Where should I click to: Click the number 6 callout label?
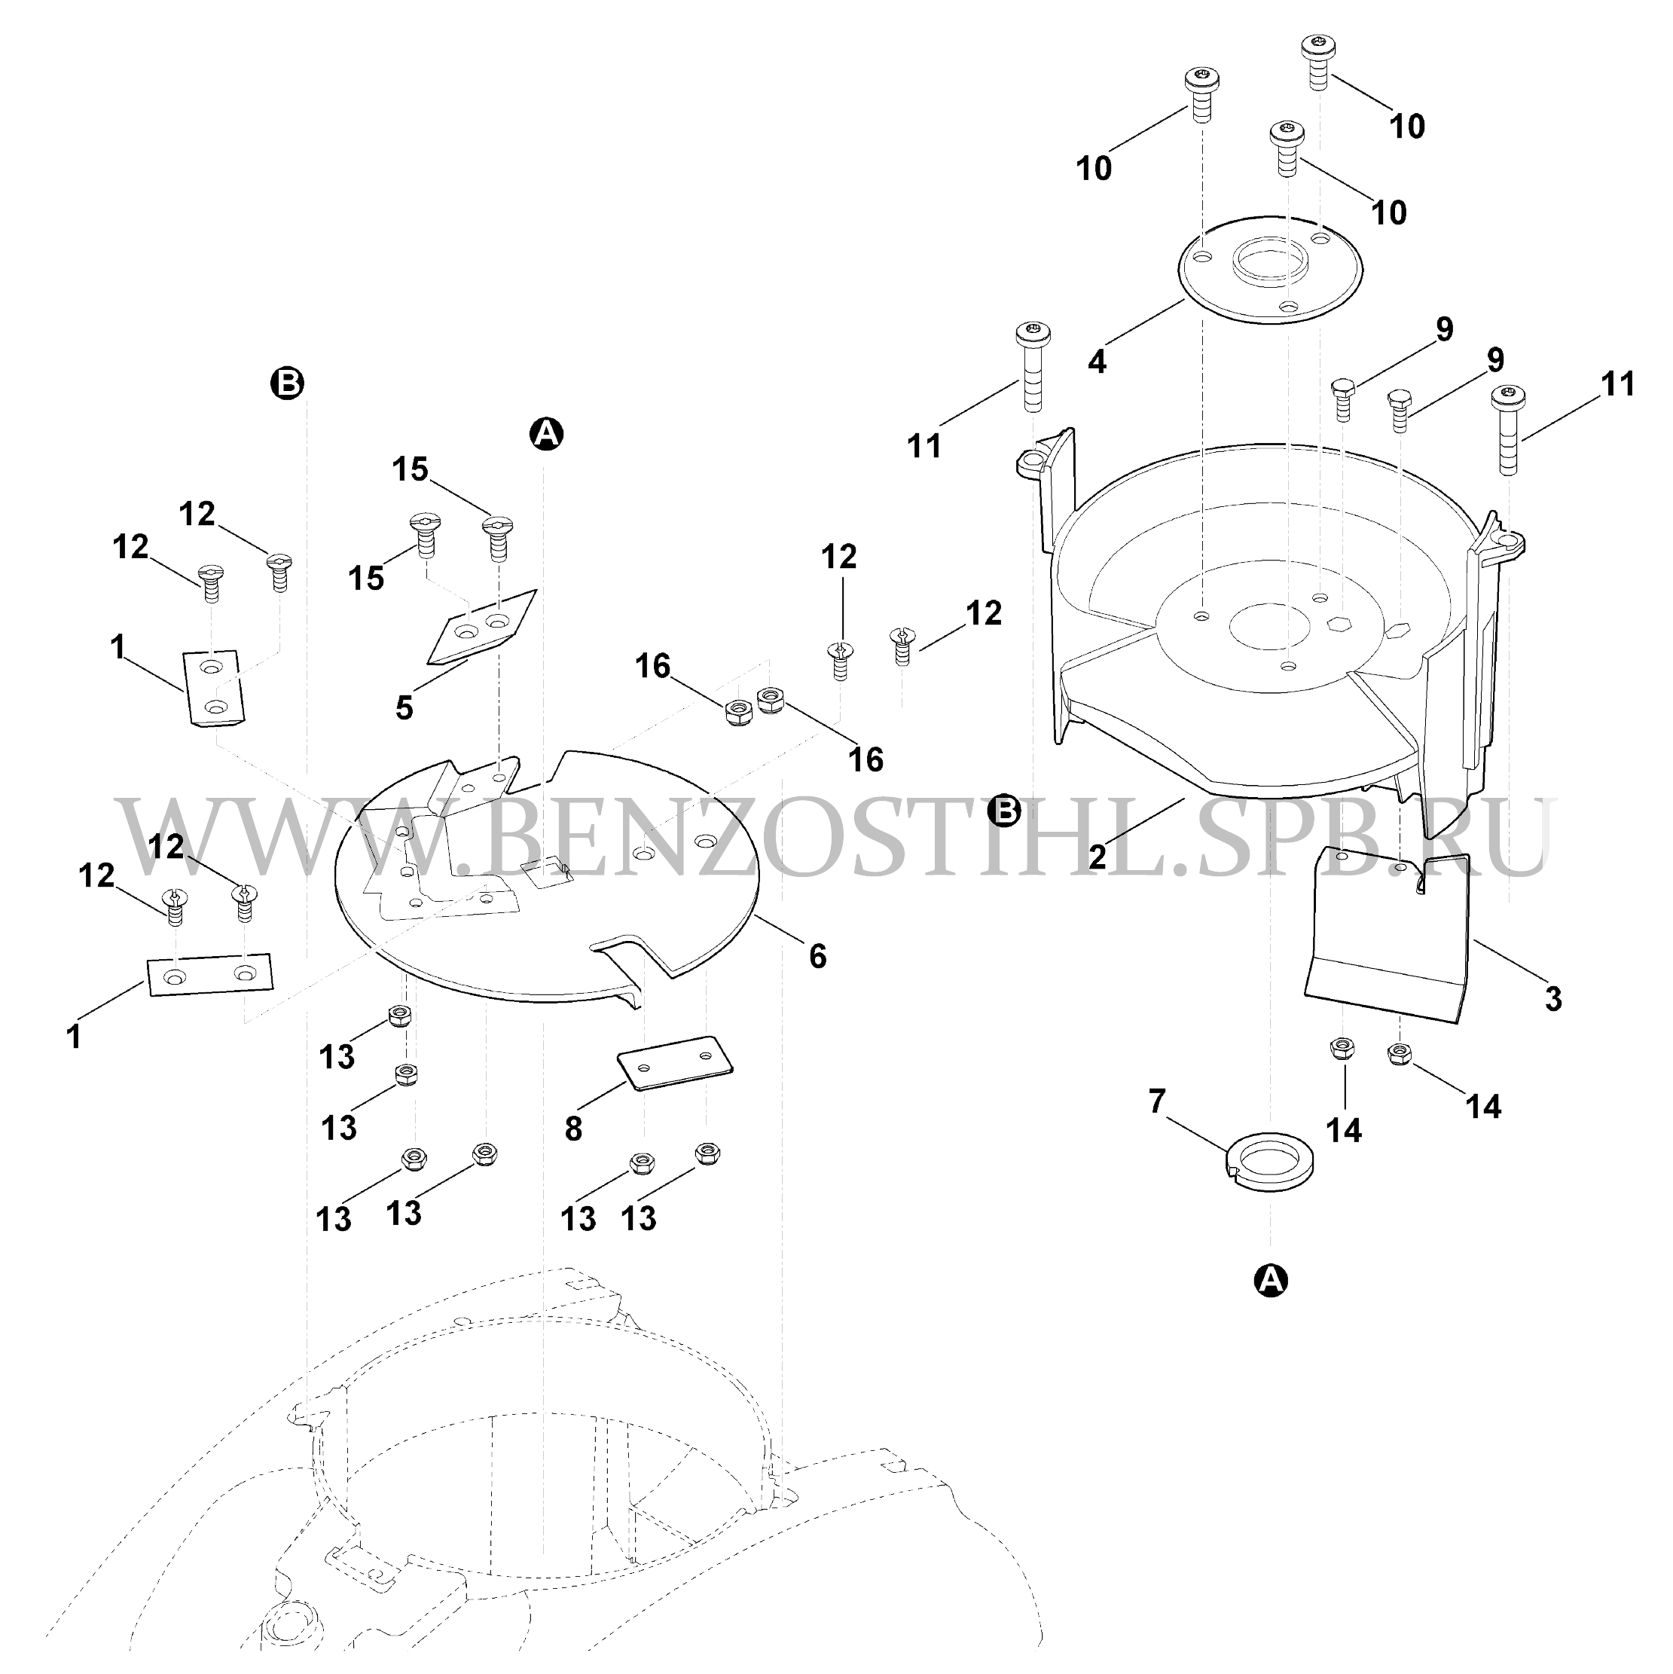(x=817, y=957)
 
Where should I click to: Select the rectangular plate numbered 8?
(x=675, y=1062)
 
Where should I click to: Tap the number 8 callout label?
(x=572, y=1129)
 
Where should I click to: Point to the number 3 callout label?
(x=1553, y=999)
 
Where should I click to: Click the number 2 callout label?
(x=1097, y=857)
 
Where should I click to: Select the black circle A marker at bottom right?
(x=1270, y=1280)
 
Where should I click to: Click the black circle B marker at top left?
(x=288, y=383)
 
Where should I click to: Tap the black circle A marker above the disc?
(x=546, y=433)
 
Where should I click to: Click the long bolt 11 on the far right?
(x=1508, y=431)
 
